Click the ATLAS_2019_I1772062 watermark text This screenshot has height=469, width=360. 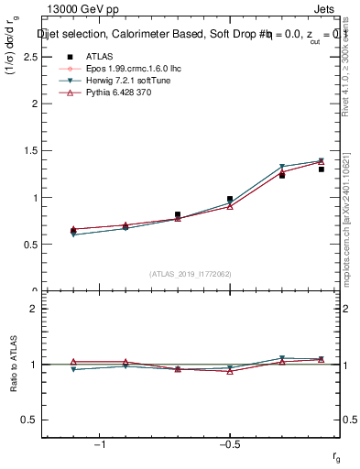click(x=191, y=273)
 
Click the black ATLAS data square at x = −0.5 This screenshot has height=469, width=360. click(x=230, y=199)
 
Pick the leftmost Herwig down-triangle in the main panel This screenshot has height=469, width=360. click(x=73, y=235)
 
